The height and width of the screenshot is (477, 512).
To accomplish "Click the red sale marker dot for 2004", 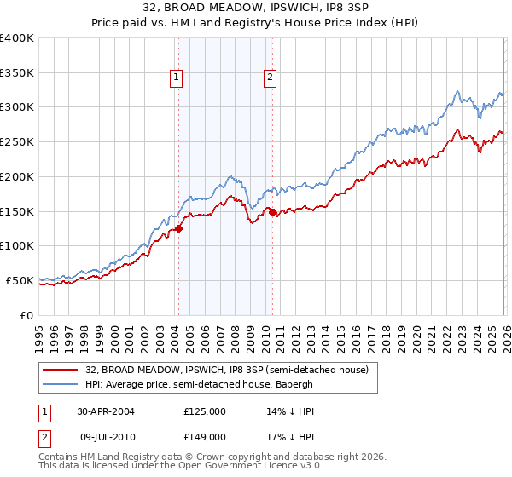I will coord(179,228).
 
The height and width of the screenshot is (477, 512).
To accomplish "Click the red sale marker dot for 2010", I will coord(272,212).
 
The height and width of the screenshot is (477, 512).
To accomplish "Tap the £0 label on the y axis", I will coord(26,315).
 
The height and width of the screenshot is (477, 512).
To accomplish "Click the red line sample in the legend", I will coord(61,370).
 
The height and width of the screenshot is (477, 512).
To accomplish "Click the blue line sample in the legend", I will coord(61,384).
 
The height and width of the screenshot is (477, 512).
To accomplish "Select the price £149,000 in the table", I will coord(205,437).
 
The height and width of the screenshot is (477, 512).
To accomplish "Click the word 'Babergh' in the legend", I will coord(295,384).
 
